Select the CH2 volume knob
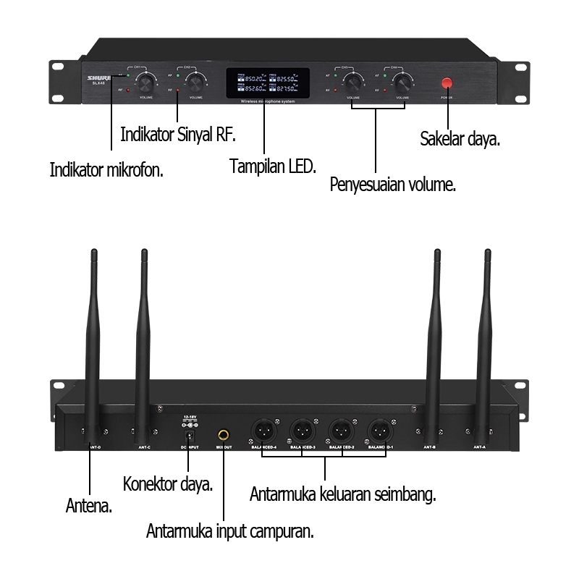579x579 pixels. (194, 79)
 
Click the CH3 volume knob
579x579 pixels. (353, 80)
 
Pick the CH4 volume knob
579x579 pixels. (401, 80)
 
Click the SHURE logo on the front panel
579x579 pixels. (98, 76)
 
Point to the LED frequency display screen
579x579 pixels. (267, 84)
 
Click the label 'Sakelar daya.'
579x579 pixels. (460, 139)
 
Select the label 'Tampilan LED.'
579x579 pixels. (273, 166)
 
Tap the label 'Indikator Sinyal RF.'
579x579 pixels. (179, 135)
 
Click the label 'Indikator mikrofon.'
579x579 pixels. (106, 170)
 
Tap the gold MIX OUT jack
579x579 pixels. (224, 436)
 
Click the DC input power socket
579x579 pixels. (190, 436)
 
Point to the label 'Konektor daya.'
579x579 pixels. (168, 483)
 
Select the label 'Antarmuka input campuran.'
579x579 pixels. (230, 531)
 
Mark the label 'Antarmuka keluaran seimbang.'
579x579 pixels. (342, 495)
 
